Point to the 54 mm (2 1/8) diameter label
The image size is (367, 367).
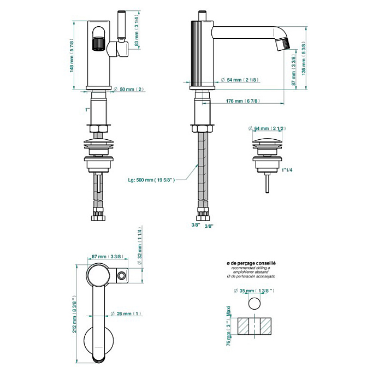point(238,80)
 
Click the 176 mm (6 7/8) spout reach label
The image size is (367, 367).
point(242,101)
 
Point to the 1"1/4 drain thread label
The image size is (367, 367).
point(287,170)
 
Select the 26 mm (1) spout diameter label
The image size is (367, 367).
point(126,313)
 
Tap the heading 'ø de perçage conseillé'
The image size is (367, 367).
point(251,263)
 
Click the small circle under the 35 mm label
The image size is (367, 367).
point(254,304)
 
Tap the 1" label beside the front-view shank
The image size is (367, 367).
point(87,110)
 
